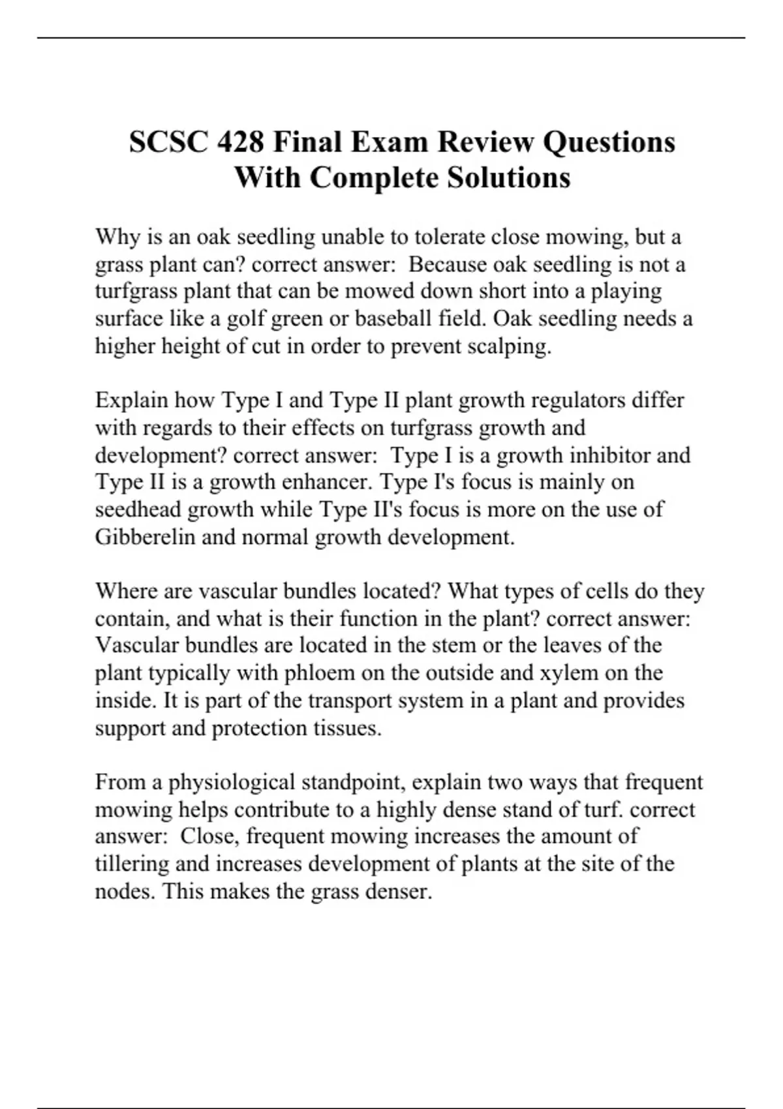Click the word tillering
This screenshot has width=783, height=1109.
pos(132,864)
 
